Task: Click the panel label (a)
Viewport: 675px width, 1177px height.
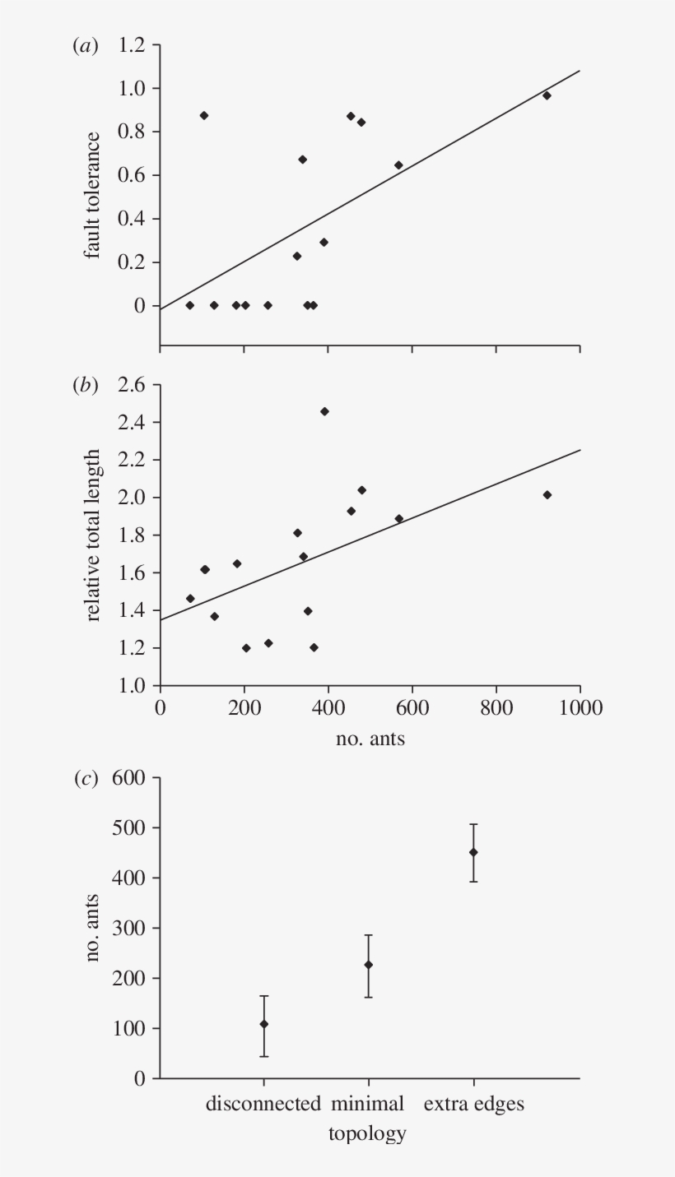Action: [85, 47]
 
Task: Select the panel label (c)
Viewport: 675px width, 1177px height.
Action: [85, 780]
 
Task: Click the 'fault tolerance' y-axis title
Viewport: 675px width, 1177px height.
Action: [93, 195]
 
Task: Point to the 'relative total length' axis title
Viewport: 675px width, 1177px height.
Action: [93, 535]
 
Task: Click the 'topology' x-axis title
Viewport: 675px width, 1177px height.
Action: [367, 1133]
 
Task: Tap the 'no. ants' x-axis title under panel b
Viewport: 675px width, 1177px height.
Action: [370, 738]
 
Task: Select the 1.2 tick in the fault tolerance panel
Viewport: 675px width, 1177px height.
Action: [132, 46]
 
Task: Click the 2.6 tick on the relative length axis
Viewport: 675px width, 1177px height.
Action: [132, 385]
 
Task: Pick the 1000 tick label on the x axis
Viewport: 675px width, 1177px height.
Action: [580, 707]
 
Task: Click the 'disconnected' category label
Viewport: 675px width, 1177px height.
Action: [263, 1104]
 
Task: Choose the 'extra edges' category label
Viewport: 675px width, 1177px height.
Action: [473, 1104]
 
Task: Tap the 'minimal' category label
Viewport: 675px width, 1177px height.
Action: [368, 1104]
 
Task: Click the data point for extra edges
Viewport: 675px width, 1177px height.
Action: [473, 852]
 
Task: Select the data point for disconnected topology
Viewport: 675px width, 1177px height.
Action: [263, 1024]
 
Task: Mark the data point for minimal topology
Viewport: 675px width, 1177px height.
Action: [368, 965]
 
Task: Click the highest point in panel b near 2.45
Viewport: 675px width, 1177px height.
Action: [324, 411]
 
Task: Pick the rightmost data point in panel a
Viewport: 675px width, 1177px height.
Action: [547, 95]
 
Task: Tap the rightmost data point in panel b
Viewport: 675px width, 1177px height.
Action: [547, 494]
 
